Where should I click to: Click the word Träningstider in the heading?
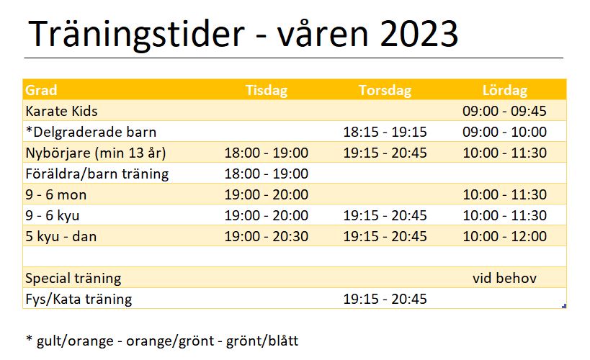(137, 35)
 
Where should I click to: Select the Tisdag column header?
(267, 90)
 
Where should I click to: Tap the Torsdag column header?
(385, 90)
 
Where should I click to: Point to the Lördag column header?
(504, 90)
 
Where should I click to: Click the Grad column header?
(41, 90)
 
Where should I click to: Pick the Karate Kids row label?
(61, 112)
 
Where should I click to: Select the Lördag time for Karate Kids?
(504, 112)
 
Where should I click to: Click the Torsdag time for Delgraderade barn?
(385, 132)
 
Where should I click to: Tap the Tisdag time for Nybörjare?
(267, 153)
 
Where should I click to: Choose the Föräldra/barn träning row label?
(97, 174)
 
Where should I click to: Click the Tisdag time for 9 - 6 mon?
(267, 195)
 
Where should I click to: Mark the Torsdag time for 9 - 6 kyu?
(385, 215)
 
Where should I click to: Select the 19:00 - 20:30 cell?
(267, 237)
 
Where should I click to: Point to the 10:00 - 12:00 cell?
(504, 237)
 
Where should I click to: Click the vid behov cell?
(504, 279)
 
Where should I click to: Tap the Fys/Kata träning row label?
(79, 300)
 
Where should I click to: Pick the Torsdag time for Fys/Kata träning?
(385, 299)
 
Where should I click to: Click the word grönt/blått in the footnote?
(262, 341)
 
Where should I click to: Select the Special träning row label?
(73, 279)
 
